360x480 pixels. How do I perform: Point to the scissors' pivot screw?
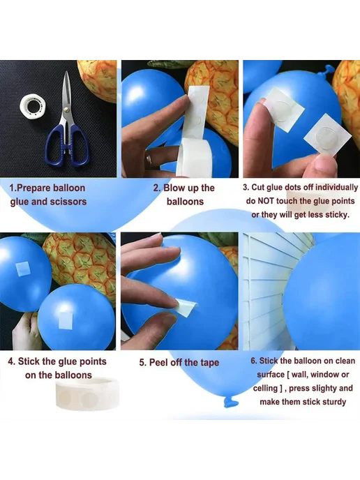pyautogui.click(x=66, y=110)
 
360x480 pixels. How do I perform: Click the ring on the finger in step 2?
pyautogui.click(x=149, y=160)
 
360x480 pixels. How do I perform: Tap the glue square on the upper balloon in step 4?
pyautogui.click(x=22, y=269)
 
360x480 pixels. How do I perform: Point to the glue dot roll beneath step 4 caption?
pyautogui.click(x=87, y=393)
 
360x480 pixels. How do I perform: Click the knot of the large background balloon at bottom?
pyautogui.click(x=230, y=401)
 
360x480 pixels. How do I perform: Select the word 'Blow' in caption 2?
pyautogui.click(x=173, y=188)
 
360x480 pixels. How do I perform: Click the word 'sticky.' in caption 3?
pyautogui.click(x=337, y=215)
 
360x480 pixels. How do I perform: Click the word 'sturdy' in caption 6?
pyautogui.click(x=333, y=402)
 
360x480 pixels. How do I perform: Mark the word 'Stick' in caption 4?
pyautogui.click(x=29, y=361)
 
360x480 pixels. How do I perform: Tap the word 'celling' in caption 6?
pyautogui.click(x=265, y=389)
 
